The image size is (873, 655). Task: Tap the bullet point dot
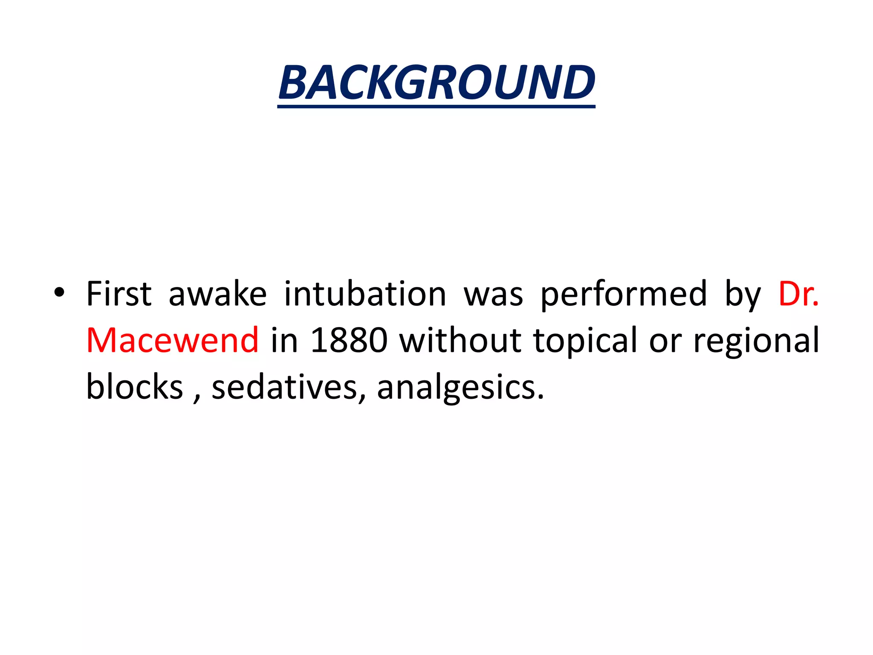pos(59,293)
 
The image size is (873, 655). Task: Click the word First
pos(119,294)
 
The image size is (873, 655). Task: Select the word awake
pos(217,294)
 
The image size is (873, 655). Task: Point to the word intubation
pos(365,294)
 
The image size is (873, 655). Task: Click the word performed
pos(624,294)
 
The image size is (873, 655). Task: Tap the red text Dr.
pos(798,294)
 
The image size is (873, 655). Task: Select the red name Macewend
pos(172,340)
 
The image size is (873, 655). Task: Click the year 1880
pos(349,340)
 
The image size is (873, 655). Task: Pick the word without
pos(460,340)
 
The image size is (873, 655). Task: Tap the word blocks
pos(134,386)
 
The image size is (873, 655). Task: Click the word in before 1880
pos(284,340)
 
